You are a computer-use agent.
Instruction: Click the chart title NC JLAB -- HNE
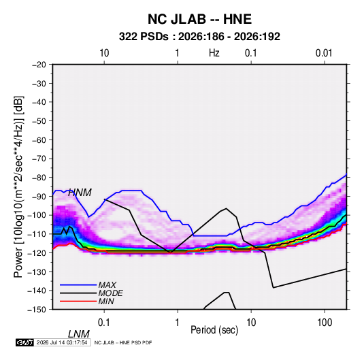coord(199,19)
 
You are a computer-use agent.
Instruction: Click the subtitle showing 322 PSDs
coord(199,37)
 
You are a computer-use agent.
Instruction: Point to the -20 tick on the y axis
coord(39,65)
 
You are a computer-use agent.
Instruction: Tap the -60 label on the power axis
coord(39,140)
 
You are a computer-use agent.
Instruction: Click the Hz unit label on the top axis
coord(214,53)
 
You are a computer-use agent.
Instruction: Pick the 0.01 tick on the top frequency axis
coord(324,53)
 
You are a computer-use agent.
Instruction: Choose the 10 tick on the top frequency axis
coord(104,53)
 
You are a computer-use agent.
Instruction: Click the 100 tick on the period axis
coord(325,323)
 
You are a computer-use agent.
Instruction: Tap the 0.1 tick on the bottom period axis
coord(103,323)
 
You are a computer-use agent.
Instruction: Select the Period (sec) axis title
coord(214,330)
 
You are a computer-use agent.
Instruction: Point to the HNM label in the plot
coord(80,193)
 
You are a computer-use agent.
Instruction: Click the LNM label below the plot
coord(78,334)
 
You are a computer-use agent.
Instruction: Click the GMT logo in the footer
coord(25,342)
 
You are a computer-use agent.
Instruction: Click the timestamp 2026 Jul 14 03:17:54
coord(62,342)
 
